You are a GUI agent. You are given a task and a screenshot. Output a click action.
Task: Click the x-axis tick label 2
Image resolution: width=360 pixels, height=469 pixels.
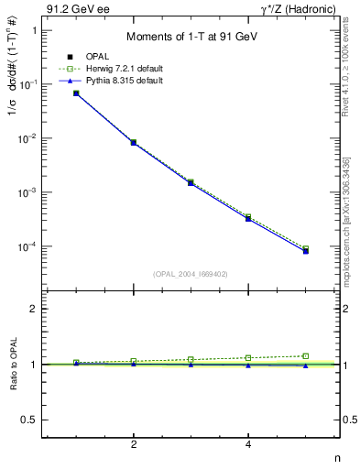pos(134,445)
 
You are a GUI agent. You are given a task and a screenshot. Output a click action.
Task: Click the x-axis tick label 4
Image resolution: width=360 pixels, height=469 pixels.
pos(248,445)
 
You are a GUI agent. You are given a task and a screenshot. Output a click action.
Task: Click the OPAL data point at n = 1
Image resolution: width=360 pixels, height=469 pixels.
pos(76,93)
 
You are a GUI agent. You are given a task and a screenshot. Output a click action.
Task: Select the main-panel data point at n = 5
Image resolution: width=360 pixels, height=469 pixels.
pos(306,250)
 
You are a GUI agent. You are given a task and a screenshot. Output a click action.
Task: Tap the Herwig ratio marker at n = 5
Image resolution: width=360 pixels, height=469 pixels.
pos(306,355)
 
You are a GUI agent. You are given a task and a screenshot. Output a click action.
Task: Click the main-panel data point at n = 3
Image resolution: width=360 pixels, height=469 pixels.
pos(191,182)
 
